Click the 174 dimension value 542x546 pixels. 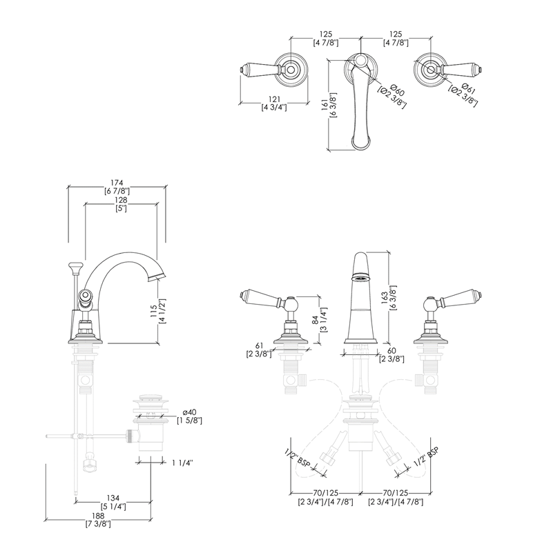[x=117, y=183]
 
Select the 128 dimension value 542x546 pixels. [x=121, y=200]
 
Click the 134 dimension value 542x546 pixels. [x=113, y=498]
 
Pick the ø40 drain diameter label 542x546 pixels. [x=189, y=413]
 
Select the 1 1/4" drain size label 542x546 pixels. [x=182, y=463]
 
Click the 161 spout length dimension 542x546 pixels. [x=325, y=105]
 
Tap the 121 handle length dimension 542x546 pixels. [x=274, y=99]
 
